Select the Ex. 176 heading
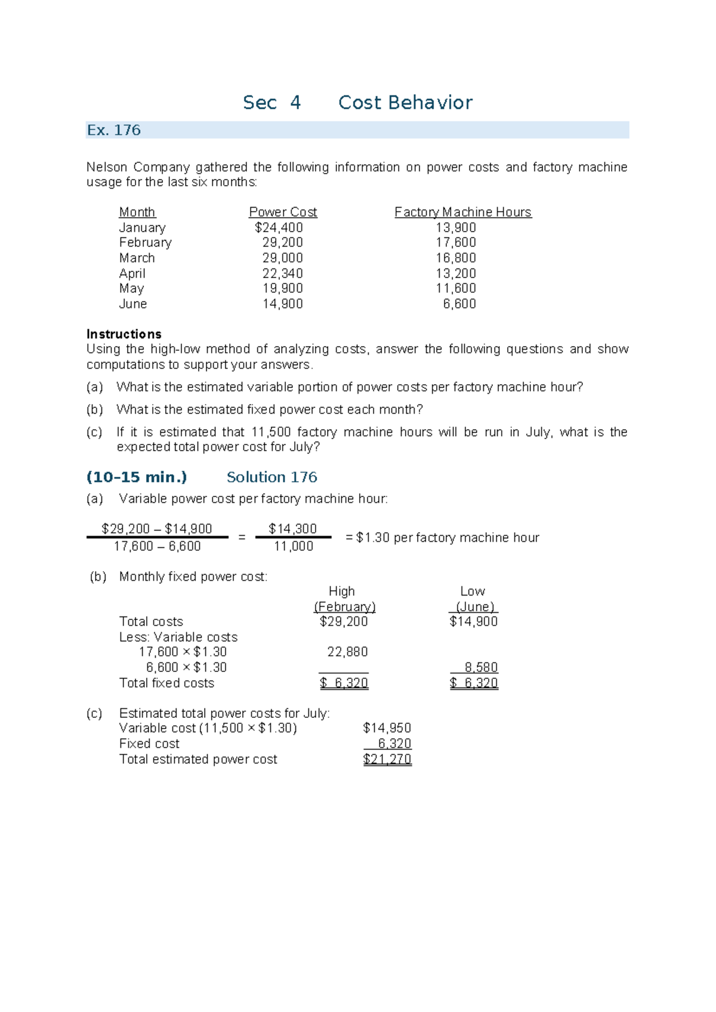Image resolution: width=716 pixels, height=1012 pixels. click(x=114, y=130)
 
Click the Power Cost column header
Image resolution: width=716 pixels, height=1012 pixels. click(x=283, y=212)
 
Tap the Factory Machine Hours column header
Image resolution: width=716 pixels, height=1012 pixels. click(x=462, y=212)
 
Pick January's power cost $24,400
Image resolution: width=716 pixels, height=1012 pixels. click(x=279, y=227)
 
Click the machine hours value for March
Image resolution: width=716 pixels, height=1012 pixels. click(x=456, y=258)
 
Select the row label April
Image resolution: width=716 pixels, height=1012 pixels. click(x=132, y=273)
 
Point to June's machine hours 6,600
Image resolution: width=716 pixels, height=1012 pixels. click(x=459, y=304)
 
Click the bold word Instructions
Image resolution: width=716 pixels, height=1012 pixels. click(x=124, y=334)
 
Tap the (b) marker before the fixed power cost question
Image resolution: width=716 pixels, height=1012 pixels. click(x=95, y=409)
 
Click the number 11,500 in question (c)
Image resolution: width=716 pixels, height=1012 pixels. click(x=271, y=432)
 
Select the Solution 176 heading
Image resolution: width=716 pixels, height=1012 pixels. click(x=271, y=477)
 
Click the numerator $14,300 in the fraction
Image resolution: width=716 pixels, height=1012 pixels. click(x=292, y=529)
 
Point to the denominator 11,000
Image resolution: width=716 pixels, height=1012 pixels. click(x=293, y=546)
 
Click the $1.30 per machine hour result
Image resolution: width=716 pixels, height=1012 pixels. click(x=373, y=538)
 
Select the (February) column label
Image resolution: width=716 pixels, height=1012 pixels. click(x=344, y=607)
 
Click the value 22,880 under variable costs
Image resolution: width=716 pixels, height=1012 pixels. click(x=347, y=652)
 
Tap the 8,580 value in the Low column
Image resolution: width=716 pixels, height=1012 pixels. click(x=481, y=667)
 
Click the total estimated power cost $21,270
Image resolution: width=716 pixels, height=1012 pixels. click(x=387, y=759)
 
